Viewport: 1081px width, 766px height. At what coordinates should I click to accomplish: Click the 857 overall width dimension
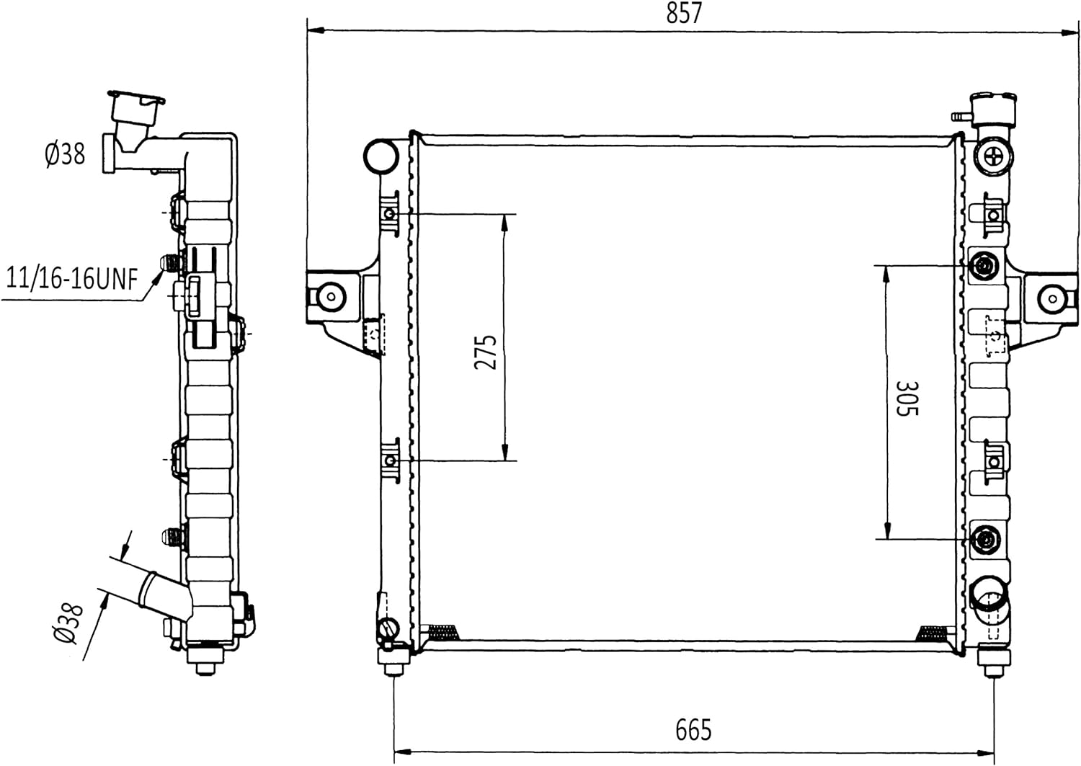pos(684,13)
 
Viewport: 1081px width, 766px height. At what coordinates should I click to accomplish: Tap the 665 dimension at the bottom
pos(693,729)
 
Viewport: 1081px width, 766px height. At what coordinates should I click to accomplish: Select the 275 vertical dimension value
pos(486,352)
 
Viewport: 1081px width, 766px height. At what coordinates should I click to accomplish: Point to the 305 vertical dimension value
pos(907,398)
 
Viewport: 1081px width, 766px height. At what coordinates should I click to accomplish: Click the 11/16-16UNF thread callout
pos(72,278)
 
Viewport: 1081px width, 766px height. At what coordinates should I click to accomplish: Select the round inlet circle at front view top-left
pos(381,156)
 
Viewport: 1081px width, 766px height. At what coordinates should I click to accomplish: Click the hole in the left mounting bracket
pos(331,295)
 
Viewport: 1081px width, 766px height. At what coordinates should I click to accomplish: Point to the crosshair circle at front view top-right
pos(992,156)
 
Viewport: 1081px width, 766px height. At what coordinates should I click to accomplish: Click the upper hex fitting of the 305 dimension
pos(983,265)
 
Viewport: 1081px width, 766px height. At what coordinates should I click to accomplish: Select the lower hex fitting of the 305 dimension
pos(983,539)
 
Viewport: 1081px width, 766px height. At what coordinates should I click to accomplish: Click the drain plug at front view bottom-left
pos(388,628)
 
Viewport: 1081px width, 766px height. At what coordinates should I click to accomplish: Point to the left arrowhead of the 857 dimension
pos(316,30)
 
